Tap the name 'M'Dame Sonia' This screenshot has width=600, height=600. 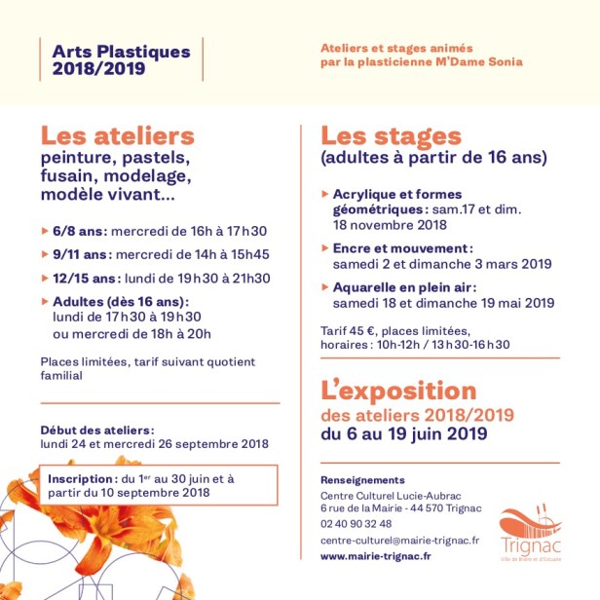click(482, 61)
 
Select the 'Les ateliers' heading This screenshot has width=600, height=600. click(117, 135)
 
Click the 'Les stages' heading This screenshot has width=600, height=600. click(391, 135)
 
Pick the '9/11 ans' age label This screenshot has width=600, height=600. click(82, 255)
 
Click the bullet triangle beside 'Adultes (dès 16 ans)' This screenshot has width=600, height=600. click(44, 302)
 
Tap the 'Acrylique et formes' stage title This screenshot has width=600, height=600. click(396, 194)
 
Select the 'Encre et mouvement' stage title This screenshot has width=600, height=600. click(402, 248)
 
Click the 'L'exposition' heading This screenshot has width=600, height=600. click(398, 392)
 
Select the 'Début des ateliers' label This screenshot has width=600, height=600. click(96, 430)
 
